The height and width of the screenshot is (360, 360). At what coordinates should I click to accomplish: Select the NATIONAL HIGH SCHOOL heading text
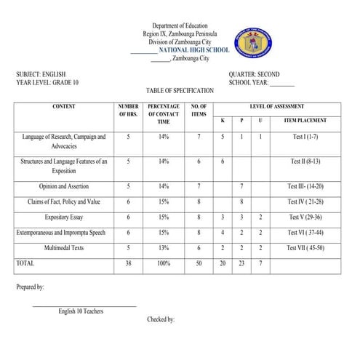click(193, 50)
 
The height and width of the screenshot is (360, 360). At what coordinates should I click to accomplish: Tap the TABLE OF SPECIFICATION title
click(180, 91)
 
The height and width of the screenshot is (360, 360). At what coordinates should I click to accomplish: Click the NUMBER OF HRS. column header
click(128, 110)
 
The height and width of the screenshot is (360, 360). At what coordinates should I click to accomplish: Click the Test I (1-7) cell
click(305, 136)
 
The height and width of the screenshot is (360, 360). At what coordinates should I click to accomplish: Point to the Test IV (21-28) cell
click(305, 201)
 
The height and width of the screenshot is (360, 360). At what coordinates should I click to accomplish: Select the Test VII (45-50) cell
click(305, 247)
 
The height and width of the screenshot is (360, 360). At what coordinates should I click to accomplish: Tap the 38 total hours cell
click(128, 263)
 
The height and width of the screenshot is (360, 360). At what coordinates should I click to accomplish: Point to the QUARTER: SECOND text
click(254, 74)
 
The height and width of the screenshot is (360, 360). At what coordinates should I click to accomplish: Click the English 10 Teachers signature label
click(81, 311)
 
